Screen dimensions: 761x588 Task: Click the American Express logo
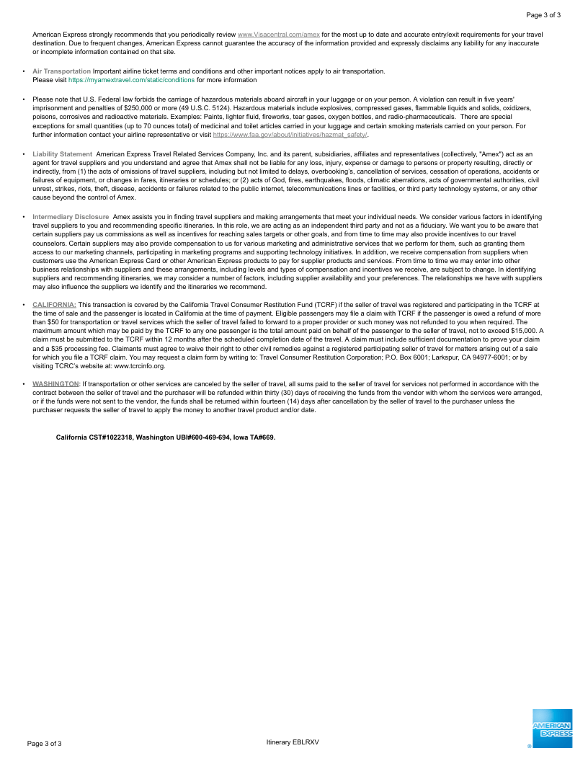(x=552, y=729)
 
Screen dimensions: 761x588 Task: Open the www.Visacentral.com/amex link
(x=278, y=34)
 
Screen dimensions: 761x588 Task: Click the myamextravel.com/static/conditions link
(x=131, y=80)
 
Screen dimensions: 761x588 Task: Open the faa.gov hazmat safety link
(x=290, y=135)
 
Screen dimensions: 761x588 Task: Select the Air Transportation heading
(x=62, y=71)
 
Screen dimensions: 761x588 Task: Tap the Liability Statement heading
(x=62, y=154)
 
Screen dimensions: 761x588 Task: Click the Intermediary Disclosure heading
(x=71, y=217)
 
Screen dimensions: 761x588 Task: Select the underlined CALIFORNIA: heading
(x=54, y=305)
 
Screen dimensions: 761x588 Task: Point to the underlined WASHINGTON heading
(x=55, y=384)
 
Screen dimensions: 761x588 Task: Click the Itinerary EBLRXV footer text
(x=292, y=742)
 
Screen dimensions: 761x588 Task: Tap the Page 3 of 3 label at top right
(x=543, y=15)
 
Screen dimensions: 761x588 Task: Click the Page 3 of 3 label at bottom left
(x=45, y=743)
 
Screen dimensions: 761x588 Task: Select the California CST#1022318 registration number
(x=94, y=437)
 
